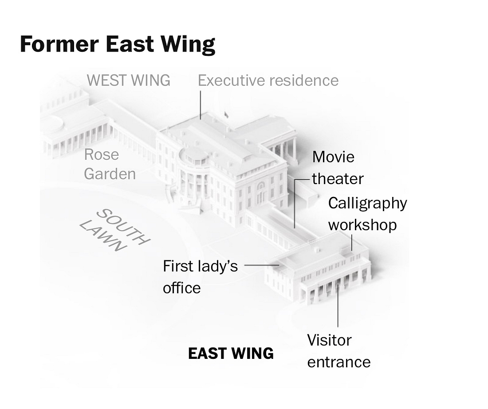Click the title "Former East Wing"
coord(118,44)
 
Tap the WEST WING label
coord(129,80)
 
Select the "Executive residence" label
coord(268,80)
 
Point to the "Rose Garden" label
coord(110,164)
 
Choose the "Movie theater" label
coord(338,168)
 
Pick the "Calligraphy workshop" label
coord(367,214)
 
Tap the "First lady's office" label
coord(200,277)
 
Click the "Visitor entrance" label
coord(338,351)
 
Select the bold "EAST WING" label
coord(231,354)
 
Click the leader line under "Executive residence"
coord(201,105)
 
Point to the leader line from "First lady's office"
coord(261,265)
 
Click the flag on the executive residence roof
coord(226,115)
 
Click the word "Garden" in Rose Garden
coord(110,174)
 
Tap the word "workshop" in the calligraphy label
coord(362,225)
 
